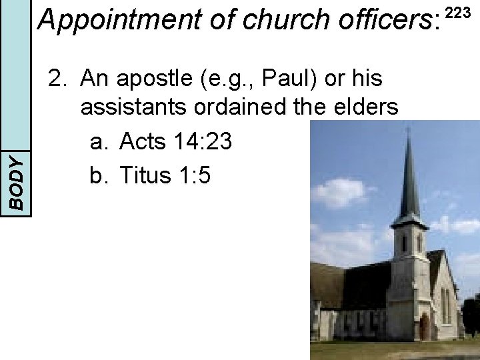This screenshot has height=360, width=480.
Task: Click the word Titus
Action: [x=146, y=175]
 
